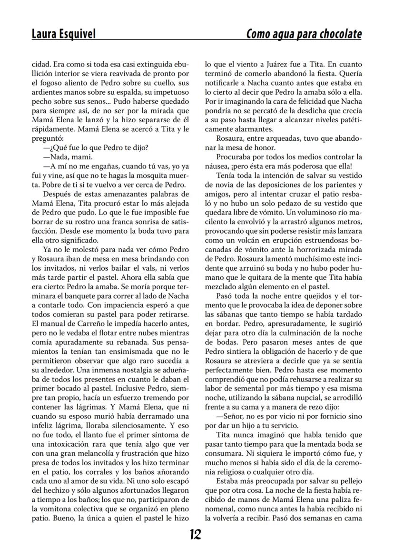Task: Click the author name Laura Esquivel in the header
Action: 63,34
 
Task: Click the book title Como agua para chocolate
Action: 304,34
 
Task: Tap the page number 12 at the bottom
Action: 195,534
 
